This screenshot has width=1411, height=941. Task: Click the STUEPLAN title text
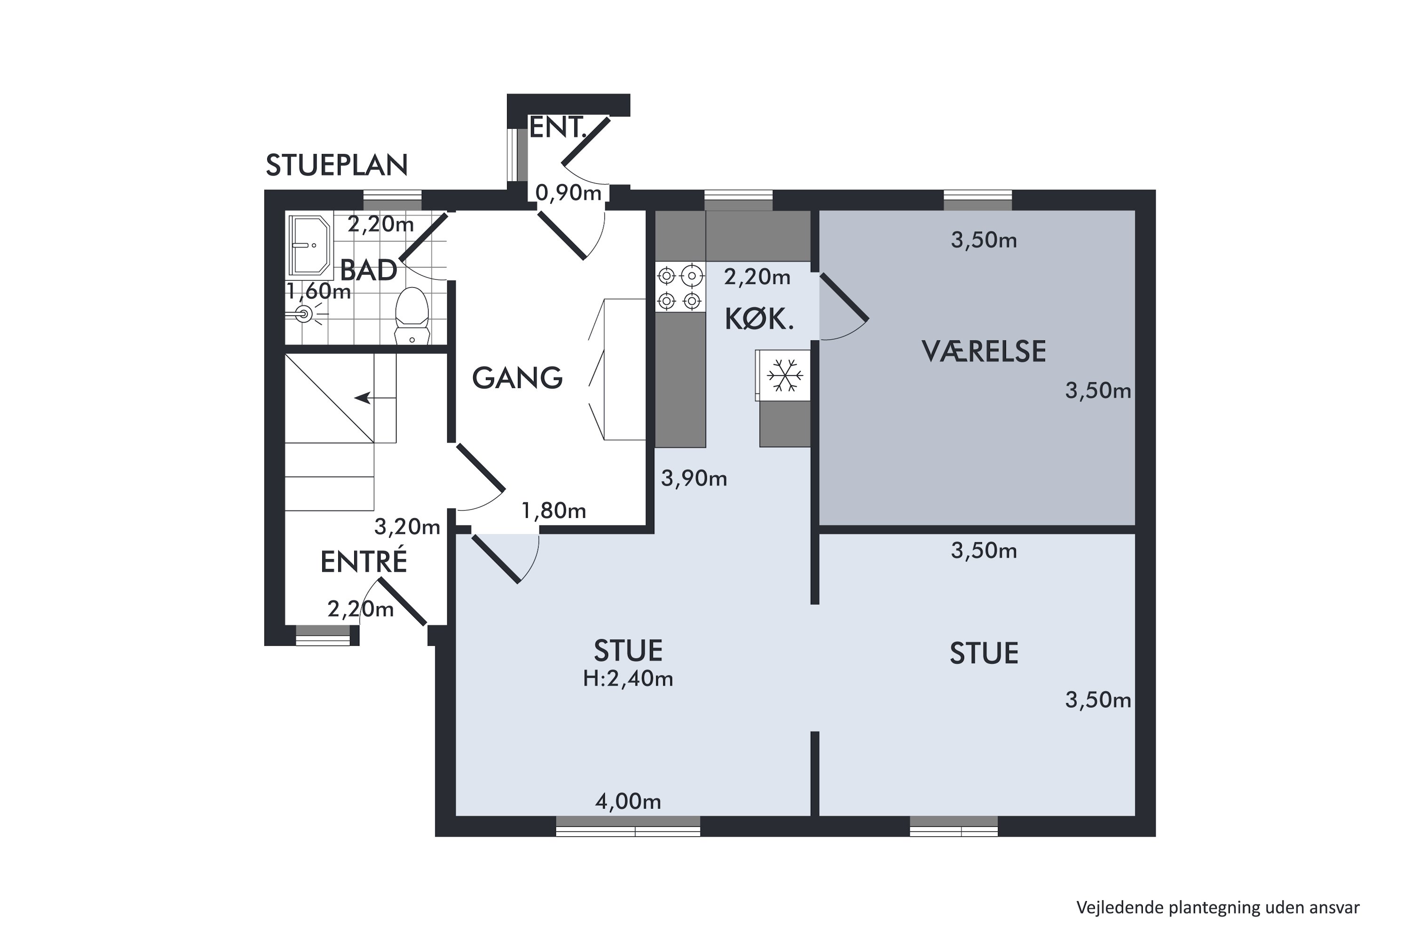point(337,165)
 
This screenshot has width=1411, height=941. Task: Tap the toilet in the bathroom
point(412,316)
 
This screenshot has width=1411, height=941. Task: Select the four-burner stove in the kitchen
point(680,287)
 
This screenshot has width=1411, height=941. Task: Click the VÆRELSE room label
point(983,351)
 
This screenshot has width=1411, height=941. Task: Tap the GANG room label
point(517,378)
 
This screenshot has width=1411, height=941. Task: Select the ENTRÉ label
point(364,562)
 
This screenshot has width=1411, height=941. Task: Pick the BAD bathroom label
point(368,270)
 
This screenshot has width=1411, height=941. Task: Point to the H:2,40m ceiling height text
point(628,679)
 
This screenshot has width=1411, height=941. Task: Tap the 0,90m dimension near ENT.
point(568,192)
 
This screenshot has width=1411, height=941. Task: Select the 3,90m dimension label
point(694,478)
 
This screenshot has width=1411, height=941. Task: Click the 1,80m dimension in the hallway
point(554,510)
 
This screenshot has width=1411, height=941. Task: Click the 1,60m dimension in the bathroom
point(318,292)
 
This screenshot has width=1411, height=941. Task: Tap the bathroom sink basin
point(309,245)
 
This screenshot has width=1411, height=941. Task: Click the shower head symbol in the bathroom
point(305,314)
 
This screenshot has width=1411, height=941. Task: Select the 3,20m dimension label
point(407,527)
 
